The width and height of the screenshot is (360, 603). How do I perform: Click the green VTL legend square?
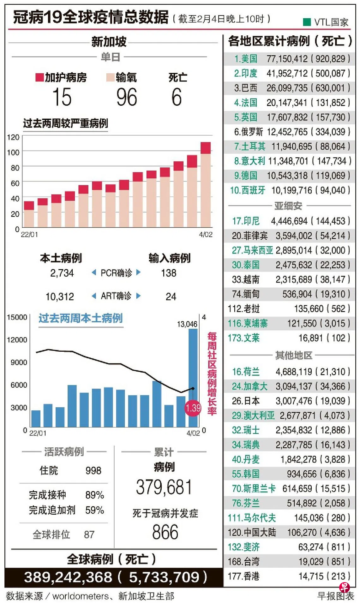pyautogui.click(x=307, y=22)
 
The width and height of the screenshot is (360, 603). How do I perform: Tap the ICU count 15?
pyautogui.click(x=62, y=97)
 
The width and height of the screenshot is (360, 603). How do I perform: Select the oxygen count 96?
pyautogui.click(x=127, y=97)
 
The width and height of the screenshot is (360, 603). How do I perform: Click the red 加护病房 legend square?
pyautogui.click(x=39, y=77)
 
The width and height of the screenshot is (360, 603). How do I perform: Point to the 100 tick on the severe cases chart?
pyautogui.click(x=13, y=152)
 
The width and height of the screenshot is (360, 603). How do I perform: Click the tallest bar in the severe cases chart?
pyautogui.click(x=206, y=185)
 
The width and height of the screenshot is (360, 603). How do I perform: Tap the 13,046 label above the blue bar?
pyautogui.click(x=187, y=324)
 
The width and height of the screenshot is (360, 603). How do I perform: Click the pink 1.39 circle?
pyautogui.click(x=193, y=408)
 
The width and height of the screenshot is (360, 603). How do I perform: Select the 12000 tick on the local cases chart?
pyautogui.click(x=17, y=340)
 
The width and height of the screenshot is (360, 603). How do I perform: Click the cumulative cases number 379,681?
pyautogui.click(x=164, y=487)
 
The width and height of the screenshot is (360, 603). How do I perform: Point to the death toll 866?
pyautogui.click(x=165, y=532)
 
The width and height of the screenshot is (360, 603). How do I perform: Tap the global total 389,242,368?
pyautogui.click(x=68, y=577)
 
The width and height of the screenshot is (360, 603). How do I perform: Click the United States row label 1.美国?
pyautogui.click(x=246, y=59)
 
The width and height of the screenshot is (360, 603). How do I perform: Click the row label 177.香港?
pyautogui.click(x=243, y=576)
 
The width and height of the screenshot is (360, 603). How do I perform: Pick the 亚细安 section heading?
pyautogui.click(x=288, y=206)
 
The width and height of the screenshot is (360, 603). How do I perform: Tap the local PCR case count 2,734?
pyautogui.click(x=62, y=273)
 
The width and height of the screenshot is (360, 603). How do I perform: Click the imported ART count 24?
pyautogui.click(x=171, y=296)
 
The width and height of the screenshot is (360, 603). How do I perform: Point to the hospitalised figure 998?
pyautogui.click(x=93, y=471)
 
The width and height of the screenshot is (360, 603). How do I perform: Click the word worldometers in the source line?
pyautogui.click(x=81, y=596)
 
